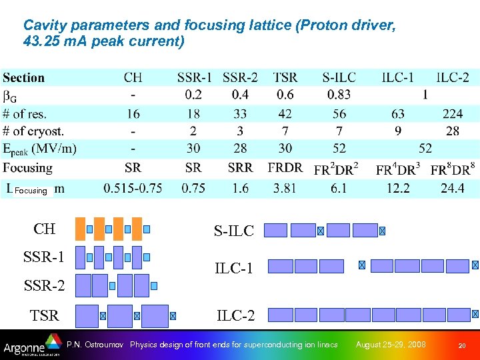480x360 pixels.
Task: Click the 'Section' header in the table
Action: coord(24,77)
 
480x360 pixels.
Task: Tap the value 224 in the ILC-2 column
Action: coord(452,113)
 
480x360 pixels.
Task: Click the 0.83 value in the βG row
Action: coord(338,95)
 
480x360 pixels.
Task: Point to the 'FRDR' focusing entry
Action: coord(285,167)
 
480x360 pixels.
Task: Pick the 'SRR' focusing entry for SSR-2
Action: coord(240,167)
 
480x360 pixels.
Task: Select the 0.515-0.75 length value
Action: coord(133,188)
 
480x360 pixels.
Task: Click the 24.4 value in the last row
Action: coord(452,188)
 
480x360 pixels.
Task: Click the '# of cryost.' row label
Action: coord(33,131)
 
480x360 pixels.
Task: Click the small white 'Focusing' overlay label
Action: coord(31,191)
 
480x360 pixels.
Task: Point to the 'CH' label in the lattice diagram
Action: coord(45,229)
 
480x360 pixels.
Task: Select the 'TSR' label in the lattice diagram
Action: coord(45,315)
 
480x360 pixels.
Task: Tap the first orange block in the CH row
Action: coord(81,228)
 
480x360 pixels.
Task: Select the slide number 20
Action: coord(461,345)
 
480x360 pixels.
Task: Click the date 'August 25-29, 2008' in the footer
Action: coord(391,345)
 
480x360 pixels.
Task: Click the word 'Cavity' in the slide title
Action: coord(42,25)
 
